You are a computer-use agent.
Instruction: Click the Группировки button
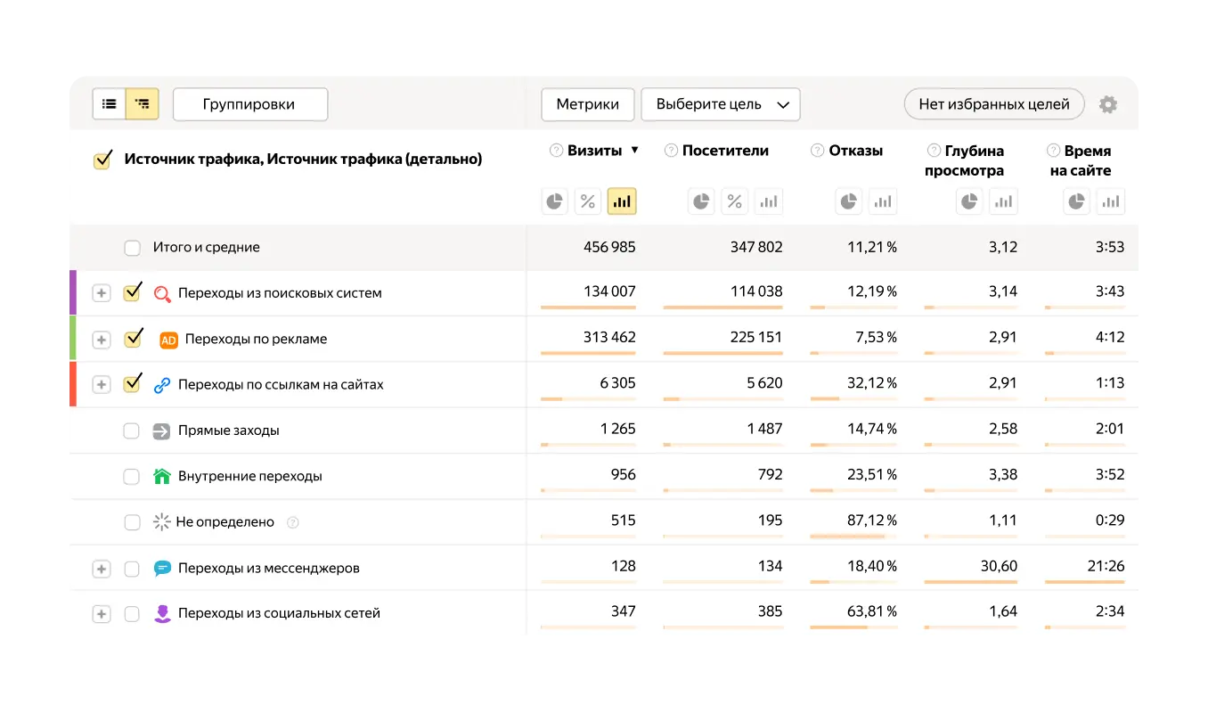pos(249,104)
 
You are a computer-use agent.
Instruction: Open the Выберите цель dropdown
pos(720,104)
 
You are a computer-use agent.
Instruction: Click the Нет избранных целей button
pos(993,104)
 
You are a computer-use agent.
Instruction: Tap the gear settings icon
pos(1107,104)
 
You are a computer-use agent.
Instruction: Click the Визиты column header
pos(594,151)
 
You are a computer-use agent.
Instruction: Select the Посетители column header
pos(724,151)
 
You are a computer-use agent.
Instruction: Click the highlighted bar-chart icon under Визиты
pos(622,201)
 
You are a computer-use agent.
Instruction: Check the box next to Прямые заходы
pos(132,430)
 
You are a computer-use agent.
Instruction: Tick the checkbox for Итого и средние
pos(132,248)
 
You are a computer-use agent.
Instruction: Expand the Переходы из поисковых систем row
pos(102,293)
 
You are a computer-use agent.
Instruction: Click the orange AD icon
pos(168,340)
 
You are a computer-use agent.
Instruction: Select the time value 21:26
pos(1107,565)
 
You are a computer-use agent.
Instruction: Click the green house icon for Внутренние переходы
pos(161,476)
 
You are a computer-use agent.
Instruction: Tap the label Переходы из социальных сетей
pos(279,613)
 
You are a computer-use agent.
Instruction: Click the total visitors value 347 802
pos(755,247)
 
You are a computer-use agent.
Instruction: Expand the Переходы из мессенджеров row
pos(102,569)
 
